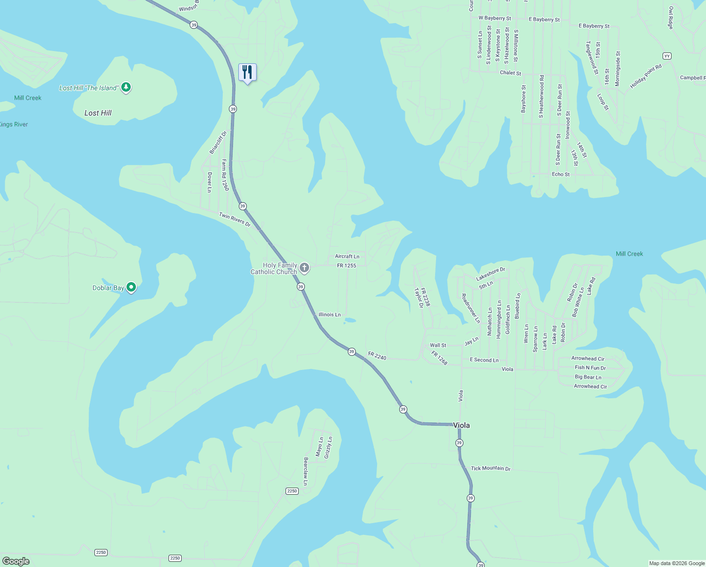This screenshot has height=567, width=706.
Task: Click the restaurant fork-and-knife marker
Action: point(247,72)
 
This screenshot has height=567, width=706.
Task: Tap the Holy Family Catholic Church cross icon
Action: point(304,268)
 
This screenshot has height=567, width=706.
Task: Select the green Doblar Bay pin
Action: point(132,287)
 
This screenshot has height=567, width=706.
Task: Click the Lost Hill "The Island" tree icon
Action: point(126,87)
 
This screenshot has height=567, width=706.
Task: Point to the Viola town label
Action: point(461,425)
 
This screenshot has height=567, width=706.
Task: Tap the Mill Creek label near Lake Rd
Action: point(629,254)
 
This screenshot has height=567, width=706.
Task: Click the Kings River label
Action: point(14,124)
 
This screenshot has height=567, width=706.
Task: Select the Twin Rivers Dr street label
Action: point(235,219)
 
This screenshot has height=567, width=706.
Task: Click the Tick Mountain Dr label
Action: point(490,468)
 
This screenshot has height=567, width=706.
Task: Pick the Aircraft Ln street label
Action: point(347,256)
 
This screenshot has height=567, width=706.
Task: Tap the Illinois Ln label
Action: point(329,314)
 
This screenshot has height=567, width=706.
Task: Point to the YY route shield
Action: point(666,56)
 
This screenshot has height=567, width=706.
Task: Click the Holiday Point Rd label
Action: point(646,77)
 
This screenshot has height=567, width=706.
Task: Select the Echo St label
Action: point(561,174)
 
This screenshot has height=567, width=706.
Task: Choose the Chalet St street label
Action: point(510,73)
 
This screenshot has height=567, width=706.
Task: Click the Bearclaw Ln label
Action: point(306,471)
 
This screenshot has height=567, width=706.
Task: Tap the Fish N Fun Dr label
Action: point(590,368)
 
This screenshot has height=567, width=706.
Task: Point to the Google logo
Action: point(16,561)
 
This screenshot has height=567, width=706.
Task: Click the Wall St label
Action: point(438,345)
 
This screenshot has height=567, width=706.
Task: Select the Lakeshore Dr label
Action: point(490,273)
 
